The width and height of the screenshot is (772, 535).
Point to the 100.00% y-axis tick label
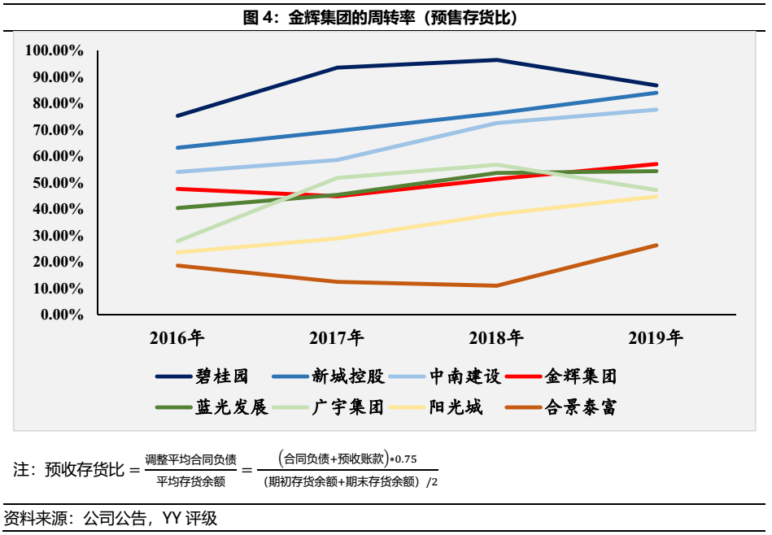tap(55, 50)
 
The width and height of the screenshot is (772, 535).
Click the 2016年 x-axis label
tap(177, 338)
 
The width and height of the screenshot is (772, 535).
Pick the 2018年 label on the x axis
tap(496, 338)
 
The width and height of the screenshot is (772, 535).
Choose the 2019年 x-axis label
tap(656, 338)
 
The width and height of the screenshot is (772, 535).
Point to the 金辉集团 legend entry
tap(581, 376)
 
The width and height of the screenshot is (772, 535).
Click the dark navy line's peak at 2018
tap(496, 60)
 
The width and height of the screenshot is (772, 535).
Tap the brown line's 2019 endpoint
tap(656, 245)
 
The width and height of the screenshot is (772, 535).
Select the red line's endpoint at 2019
tap(656, 164)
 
